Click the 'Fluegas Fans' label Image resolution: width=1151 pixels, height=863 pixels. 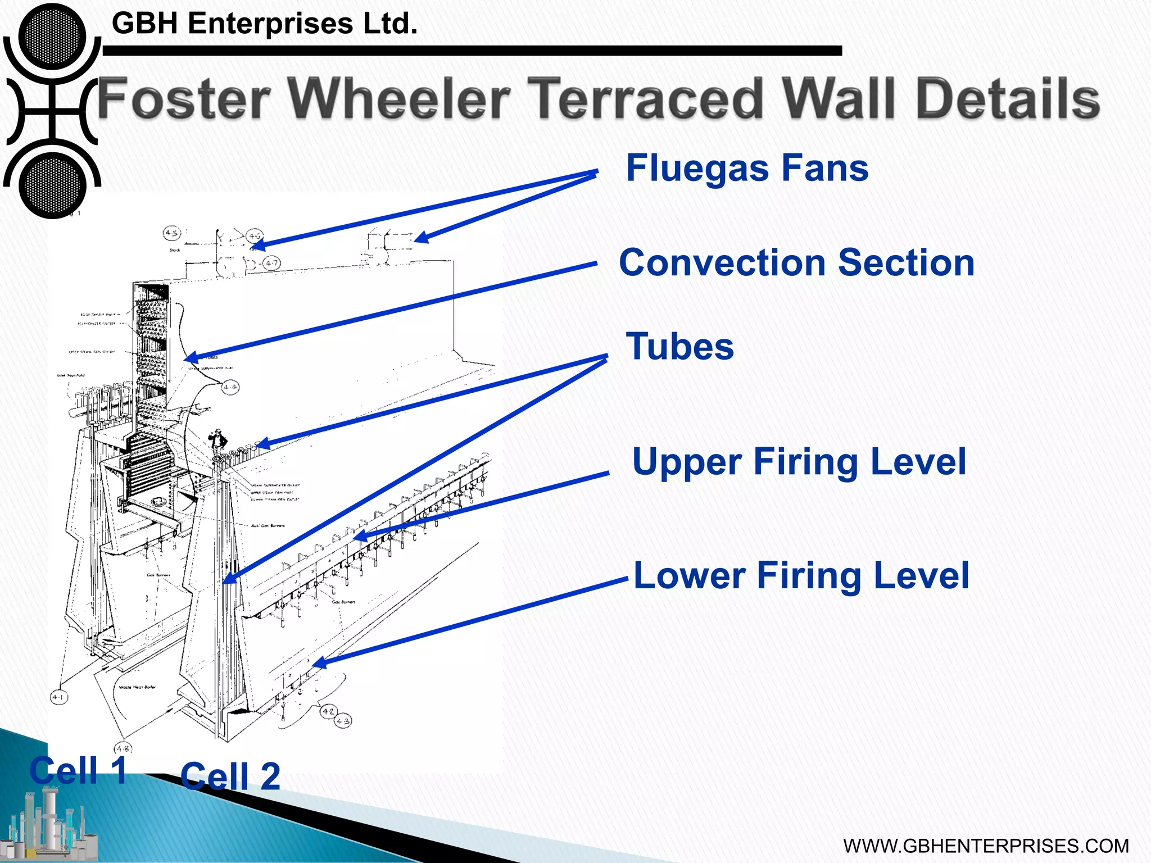click(x=747, y=169)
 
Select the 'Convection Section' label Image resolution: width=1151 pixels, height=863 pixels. click(x=796, y=263)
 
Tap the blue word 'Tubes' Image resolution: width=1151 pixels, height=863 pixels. click(x=679, y=347)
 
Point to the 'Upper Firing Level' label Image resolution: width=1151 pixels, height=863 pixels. click(x=799, y=462)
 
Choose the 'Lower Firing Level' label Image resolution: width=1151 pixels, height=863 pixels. click(x=801, y=576)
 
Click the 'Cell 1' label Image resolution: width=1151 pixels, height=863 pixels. click(x=78, y=770)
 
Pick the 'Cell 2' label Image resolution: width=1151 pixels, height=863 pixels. click(x=230, y=776)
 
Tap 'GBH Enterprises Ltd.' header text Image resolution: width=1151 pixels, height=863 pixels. click(x=265, y=24)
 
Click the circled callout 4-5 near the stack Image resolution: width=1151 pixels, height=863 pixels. click(x=171, y=233)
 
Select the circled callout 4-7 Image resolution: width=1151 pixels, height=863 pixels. click(x=271, y=263)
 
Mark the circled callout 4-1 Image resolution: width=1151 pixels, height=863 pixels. click(x=58, y=697)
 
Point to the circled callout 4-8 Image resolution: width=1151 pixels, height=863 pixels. click(x=123, y=748)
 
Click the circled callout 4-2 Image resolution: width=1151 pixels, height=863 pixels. click(x=328, y=711)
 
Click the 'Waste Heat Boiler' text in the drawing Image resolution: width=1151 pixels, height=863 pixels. click(x=137, y=687)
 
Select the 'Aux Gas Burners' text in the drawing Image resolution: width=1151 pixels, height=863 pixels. click(x=268, y=526)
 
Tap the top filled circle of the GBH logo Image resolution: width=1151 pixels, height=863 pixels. click(x=52, y=37)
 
